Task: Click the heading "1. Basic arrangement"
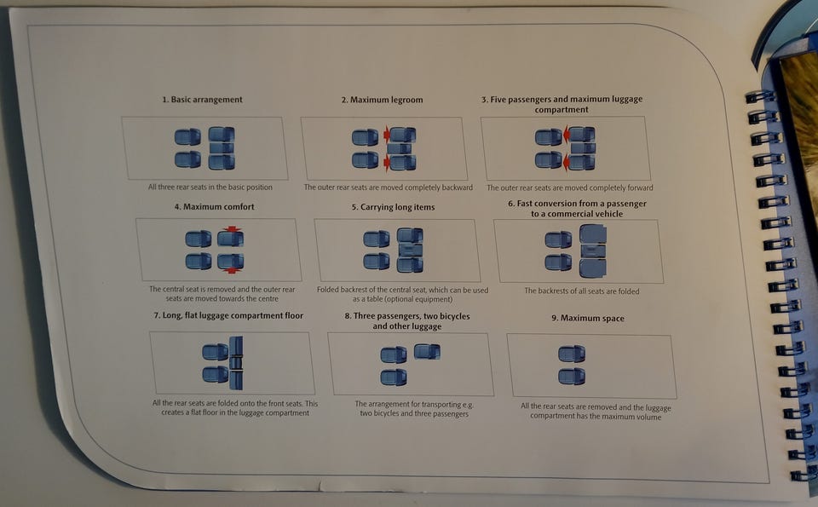click(x=202, y=100)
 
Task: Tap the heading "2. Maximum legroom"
click(x=382, y=100)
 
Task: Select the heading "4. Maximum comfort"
click(x=215, y=206)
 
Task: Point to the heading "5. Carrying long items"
click(x=393, y=207)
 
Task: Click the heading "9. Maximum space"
click(x=587, y=318)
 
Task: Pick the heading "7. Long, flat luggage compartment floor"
click(x=228, y=315)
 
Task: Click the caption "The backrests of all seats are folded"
click(x=582, y=291)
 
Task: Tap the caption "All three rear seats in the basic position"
click(x=210, y=187)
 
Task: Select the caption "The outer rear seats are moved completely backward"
click(x=389, y=187)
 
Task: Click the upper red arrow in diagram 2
click(x=387, y=135)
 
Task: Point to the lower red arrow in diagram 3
click(x=566, y=164)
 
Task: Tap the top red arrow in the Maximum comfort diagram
click(x=232, y=229)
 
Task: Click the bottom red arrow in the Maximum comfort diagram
click(x=232, y=270)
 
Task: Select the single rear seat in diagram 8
click(x=427, y=352)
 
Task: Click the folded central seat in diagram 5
click(x=411, y=251)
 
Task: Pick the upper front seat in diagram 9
click(x=572, y=354)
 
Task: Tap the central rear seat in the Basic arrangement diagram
click(x=222, y=148)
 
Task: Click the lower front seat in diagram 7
click(x=216, y=375)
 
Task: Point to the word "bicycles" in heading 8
click(x=454, y=316)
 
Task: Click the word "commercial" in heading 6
click(x=566, y=214)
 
